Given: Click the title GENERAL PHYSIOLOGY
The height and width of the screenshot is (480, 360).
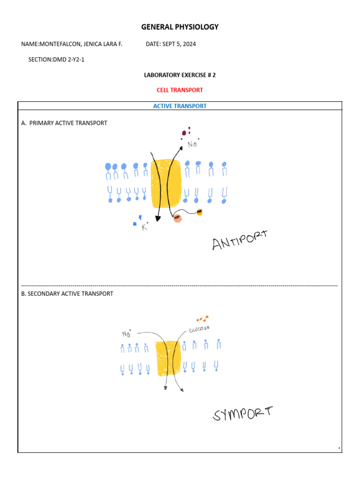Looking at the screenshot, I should (180, 27).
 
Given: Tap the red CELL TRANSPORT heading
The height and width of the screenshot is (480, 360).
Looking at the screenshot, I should (180, 90).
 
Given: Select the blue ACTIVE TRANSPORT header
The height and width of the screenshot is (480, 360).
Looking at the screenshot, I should (180, 106).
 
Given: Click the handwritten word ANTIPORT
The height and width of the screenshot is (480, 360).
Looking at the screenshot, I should (240, 240).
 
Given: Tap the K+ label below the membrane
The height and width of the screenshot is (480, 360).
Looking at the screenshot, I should (145, 227).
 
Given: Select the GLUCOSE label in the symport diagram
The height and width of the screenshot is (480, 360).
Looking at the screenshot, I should (199, 330).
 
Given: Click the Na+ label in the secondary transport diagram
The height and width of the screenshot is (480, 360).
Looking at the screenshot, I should (127, 334).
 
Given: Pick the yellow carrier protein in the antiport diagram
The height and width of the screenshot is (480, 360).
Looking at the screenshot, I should (166, 183).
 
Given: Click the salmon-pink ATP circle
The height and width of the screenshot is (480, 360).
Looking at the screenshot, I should (177, 218).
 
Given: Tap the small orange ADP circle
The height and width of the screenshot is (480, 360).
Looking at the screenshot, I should (199, 212).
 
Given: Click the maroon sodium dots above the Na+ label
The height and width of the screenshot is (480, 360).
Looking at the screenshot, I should (186, 133).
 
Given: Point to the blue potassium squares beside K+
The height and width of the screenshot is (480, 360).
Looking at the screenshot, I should (138, 219).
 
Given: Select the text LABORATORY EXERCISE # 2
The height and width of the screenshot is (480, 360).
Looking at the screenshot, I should (180, 75).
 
